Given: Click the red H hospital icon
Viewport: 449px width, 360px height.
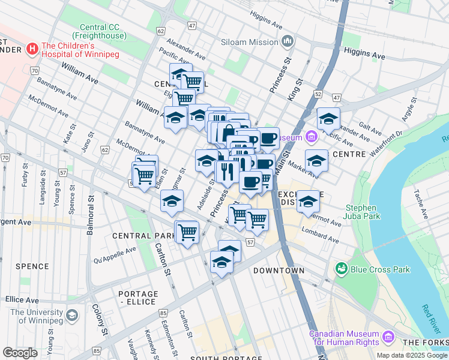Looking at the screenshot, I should (32, 47).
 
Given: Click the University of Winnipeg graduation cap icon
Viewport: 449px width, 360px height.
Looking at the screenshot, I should (72, 315).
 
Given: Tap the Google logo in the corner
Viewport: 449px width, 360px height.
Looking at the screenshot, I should (20, 353).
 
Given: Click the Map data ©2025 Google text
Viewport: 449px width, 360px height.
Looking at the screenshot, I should (412, 355).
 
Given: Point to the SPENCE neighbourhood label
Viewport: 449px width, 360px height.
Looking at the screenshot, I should (32, 266).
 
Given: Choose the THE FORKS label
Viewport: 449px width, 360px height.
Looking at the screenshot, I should (425, 343).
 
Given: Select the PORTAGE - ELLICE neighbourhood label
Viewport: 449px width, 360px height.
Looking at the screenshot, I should (139, 298).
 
